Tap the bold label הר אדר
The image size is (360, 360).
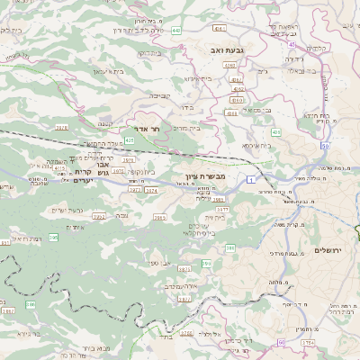pos(146,130)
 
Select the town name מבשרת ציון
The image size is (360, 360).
pos(213,175)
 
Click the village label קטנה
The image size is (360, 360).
pos(105,122)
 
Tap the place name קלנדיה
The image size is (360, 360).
pos(343,48)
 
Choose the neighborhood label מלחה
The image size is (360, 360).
pos(277,283)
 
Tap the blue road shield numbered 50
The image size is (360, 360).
pos(326,145)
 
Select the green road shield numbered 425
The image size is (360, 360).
pos(130,140)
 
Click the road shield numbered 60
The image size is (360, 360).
pos(281,343)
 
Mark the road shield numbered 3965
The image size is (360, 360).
pos(159,217)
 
